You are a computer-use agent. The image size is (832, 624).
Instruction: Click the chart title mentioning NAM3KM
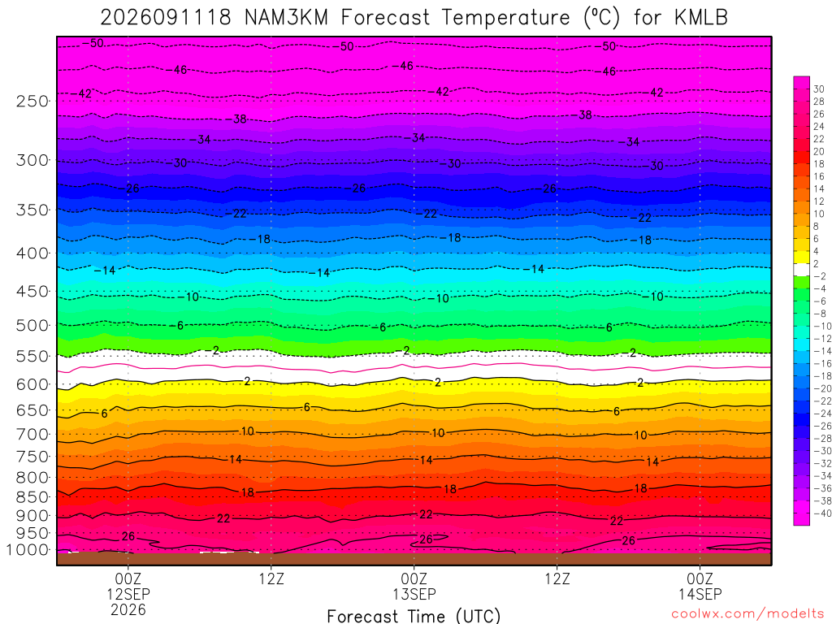pyautogui.click(x=414, y=18)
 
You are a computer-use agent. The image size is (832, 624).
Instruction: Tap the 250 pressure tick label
pyautogui.click(x=32, y=101)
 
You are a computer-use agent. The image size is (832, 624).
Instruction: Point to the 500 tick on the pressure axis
pyautogui.click(x=32, y=325)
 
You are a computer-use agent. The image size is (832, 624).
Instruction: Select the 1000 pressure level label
pyautogui.click(x=28, y=550)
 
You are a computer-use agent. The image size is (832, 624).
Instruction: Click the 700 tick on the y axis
pyautogui.click(x=32, y=434)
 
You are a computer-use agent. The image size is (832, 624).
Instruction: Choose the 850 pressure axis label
pyautogui.click(x=32, y=497)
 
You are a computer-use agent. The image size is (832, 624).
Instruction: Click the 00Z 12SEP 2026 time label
pyautogui.click(x=128, y=594)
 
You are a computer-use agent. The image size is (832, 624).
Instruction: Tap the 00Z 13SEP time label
pyautogui.click(x=414, y=586)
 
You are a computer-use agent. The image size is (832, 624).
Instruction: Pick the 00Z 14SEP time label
pyautogui.click(x=700, y=586)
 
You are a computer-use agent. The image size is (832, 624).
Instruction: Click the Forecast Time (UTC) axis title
pyautogui.click(x=414, y=616)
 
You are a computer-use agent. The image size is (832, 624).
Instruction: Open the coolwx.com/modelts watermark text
pyautogui.click(x=747, y=614)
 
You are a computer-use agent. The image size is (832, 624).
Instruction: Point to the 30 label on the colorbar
pyautogui.click(x=819, y=89)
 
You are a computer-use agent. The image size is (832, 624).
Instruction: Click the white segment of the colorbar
pyautogui.click(x=801, y=270)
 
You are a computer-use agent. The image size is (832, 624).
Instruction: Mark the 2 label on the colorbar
pyautogui.click(x=816, y=264)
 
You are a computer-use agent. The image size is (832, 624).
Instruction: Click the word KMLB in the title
pyautogui.click(x=701, y=18)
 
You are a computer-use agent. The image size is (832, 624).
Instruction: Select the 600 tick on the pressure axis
pyautogui.click(x=32, y=384)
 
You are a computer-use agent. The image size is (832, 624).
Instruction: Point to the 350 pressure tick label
pyautogui.click(x=32, y=210)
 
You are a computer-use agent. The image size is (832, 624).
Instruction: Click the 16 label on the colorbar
pyautogui.click(x=819, y=176)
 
